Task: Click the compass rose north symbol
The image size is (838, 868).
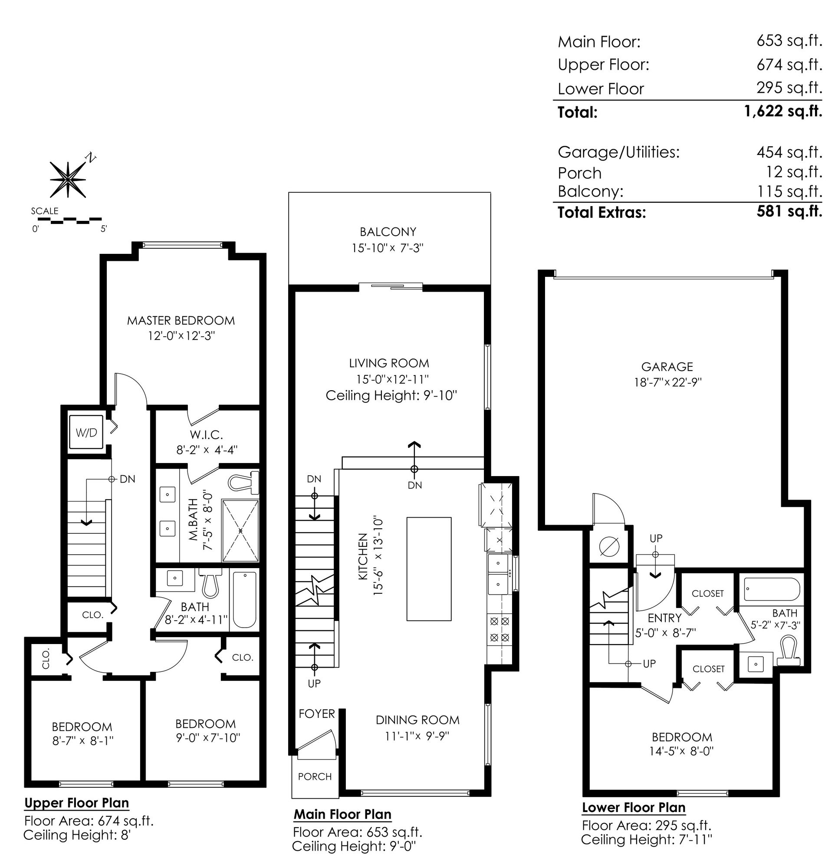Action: (68, 178)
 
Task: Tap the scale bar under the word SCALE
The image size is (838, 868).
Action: (66, 219)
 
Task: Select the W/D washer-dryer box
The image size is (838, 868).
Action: (86, 432)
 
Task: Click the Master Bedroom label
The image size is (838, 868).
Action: (181, 320)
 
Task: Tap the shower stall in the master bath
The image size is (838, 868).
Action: (240, 530)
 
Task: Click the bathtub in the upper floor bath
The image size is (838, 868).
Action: (244, 600)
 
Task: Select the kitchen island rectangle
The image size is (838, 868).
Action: (429, 569)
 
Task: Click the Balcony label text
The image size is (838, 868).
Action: (388, 232)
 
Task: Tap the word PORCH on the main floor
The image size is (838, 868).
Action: (315, 776)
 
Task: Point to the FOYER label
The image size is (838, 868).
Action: (317, 713)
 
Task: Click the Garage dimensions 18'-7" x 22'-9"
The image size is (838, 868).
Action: (667, 382)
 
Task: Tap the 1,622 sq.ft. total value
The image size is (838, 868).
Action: (783, 111)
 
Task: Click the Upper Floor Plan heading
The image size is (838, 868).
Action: (77, 803)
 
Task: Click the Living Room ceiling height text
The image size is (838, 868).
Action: (391, 395)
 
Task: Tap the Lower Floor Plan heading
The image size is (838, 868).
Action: (633, 807)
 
